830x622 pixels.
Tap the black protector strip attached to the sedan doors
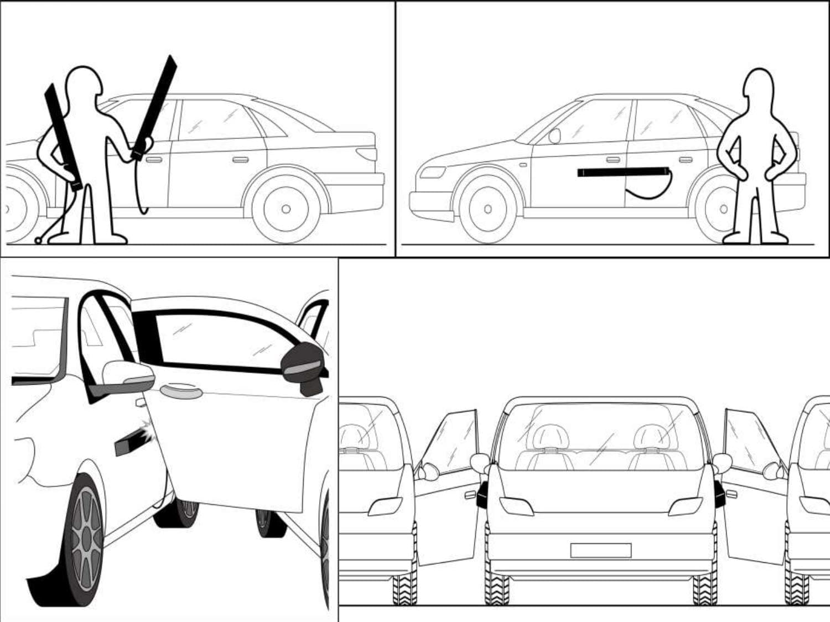[622, 173]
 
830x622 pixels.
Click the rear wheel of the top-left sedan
[286, 208]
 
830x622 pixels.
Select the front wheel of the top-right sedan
[487, 208]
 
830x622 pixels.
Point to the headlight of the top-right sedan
[432, 172]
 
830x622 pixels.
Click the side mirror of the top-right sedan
[554, 136]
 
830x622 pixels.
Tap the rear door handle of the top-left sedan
[240, 160]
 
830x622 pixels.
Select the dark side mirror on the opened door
[302, 365]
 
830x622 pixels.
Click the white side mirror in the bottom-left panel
[127, 374]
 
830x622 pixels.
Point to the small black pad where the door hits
[130, 443]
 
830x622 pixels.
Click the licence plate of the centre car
[600, 550]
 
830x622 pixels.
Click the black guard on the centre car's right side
[719, 494]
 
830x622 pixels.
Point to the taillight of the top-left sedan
[366, 153]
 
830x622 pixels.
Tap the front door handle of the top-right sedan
[613, 160]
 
